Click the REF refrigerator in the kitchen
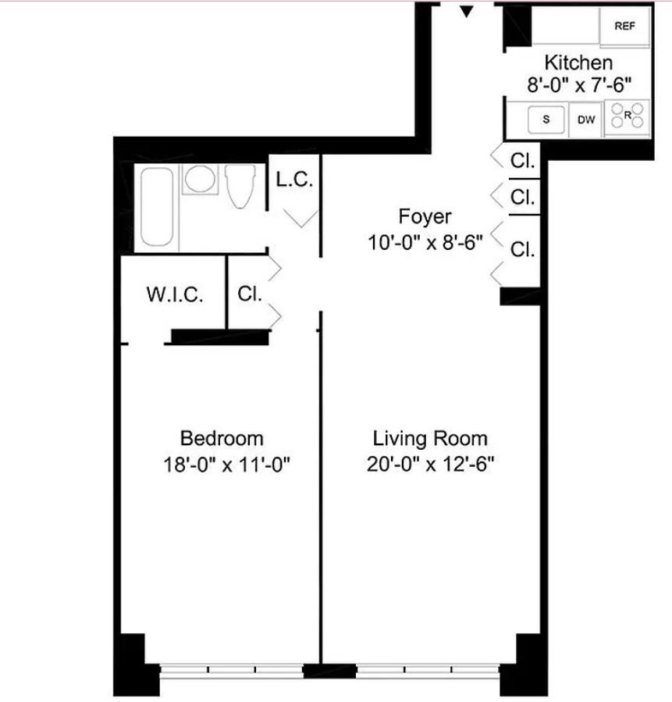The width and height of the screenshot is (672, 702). [x=624, y=26]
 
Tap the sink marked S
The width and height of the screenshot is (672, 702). [x=546, y=119]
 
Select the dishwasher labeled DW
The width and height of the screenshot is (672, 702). [x=586, y=119]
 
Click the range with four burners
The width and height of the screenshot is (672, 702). [x=627, y=117]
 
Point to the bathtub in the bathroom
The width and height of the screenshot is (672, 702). [x=157, y=206]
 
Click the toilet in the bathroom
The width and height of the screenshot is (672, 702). [x=240, y=186]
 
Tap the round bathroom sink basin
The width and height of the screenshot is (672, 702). [x=200, y=179]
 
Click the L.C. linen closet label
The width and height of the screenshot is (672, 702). [x=294, y=180]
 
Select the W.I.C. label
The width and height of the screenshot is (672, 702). [x=175, y=294]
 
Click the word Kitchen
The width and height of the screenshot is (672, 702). [x=578, y=62]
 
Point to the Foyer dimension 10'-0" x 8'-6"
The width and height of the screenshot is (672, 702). [x=425, y=243]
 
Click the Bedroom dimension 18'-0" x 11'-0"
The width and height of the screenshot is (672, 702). [x=226, y=465]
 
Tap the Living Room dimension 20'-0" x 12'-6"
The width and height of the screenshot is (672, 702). [x=430, y=465]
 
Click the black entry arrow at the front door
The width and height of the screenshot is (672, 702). [x=467, y=11]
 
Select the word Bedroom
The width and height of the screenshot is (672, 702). [x=222, y=438]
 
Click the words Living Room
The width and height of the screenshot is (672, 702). [x=430, y=439]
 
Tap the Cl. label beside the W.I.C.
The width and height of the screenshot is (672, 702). [x=249, y=294]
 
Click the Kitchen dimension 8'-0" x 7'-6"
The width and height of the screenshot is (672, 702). [x=579, y=84]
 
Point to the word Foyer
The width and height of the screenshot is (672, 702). [x=425, y=217]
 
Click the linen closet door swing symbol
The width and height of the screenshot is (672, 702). [x=301, y=219]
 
